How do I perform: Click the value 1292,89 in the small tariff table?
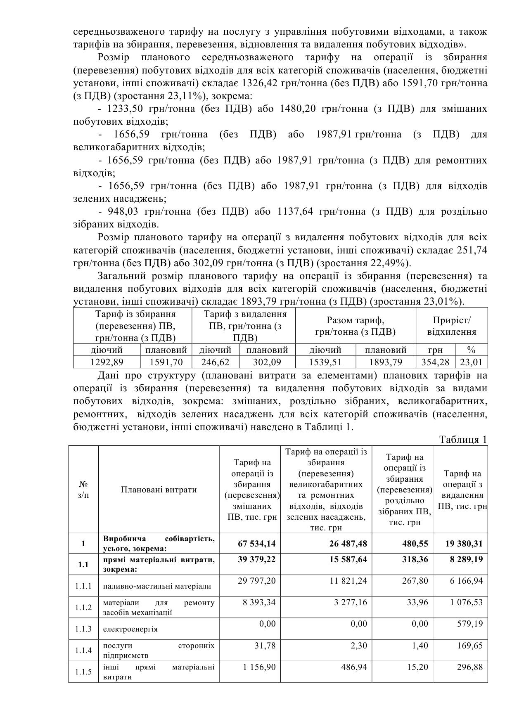click(107, 362)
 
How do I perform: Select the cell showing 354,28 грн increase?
click(435, 362)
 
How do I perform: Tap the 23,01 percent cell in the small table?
click(471, 362)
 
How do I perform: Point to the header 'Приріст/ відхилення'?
click(451, 326)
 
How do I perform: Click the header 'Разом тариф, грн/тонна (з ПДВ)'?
click(355, 326)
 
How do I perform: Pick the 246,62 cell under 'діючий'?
click(215, 362)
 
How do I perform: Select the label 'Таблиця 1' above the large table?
click(463, 440)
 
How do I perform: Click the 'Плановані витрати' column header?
click(159, 490)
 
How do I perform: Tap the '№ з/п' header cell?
click(83, 490)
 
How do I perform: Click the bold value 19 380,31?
click(463, 544)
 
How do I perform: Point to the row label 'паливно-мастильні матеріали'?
click(157, 586)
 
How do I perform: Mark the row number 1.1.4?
click(83, 650)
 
